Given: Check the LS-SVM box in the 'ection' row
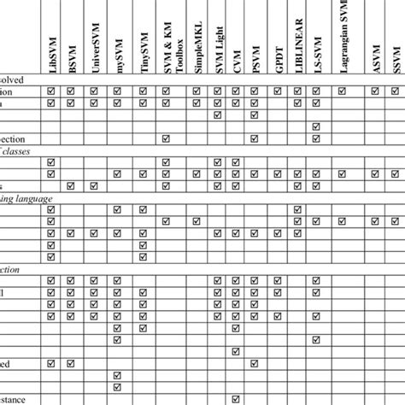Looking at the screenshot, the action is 316,138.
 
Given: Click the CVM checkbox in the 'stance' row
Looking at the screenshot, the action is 237,399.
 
